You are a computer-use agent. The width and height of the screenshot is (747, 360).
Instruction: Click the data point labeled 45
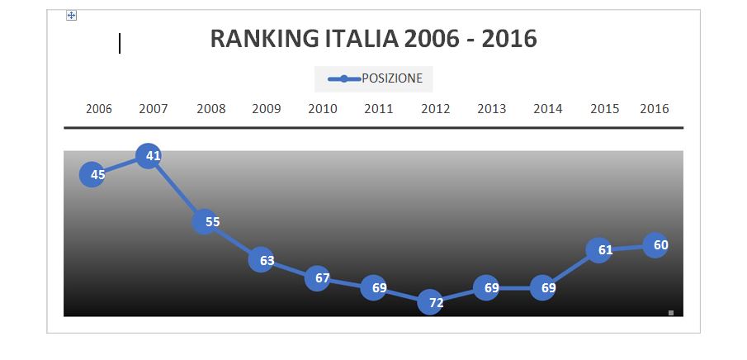click(x=92, y=174)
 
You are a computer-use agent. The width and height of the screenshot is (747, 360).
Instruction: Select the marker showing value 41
click(x=148, y=155)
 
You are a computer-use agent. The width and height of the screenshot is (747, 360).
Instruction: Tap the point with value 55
click(x=205, y=221)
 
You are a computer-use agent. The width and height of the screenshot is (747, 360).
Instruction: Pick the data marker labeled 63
click(x=261, y=260)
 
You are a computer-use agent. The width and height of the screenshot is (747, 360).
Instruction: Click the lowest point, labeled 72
click(x=431, y=302)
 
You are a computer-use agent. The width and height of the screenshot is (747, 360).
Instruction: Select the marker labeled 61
click(x=599, y=250)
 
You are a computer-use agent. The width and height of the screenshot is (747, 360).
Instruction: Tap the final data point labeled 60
click(x=655, y=245)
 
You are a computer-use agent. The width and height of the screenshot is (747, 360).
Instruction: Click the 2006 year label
click(x=99, y=109)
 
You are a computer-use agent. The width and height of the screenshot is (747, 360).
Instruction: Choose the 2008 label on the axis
click(x=211, y=109)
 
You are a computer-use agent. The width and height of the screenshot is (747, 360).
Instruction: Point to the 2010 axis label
click(x=323, y=109)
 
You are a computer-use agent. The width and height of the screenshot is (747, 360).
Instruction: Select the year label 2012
click(x=436, y=109)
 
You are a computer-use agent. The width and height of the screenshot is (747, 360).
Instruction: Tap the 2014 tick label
click(x=548, y=109)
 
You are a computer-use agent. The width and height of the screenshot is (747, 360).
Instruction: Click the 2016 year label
click(x=655, y=109)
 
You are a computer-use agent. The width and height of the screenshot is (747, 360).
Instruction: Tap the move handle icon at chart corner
click(x=71, y=16)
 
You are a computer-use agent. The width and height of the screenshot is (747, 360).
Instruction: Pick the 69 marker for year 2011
click(x=374, y=288)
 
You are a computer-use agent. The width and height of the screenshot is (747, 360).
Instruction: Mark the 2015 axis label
click(x=605, y=109)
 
